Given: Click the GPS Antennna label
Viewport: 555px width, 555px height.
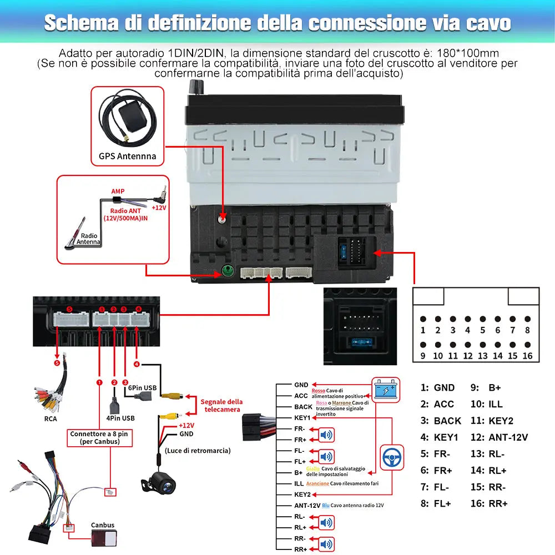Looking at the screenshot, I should pyautogui.click(x=128, y=156).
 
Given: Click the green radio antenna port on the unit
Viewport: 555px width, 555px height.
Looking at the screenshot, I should pyautogui.click(x=226, y=272).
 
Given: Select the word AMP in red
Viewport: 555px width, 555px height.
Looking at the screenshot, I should pyautogui.click(x=118, y=191).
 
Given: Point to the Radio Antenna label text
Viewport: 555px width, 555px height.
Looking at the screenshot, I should pyautogui.click(x=88, y=239).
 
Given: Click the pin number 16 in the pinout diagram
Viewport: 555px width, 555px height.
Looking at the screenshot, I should pyautogui.click(x=527, y=356).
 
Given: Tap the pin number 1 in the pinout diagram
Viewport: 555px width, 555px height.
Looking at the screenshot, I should pyautogui.click(x=423, y=330).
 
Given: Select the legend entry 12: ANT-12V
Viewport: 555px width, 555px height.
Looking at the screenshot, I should pyautogui.click(x=500, y=437).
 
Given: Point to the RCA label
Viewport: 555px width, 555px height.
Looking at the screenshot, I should pyautogui.click(x=51, y=418).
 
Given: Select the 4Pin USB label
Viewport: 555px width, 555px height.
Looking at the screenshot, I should pyautogui.click(x=120, y=418).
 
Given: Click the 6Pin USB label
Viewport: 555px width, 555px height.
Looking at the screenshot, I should pyautogui.click(x=142, y=389).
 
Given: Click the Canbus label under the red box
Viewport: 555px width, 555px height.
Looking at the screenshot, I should pyautogui.click(x=103, y=525).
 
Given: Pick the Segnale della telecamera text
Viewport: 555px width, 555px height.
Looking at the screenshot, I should pyautogui.click(x=221, y=405).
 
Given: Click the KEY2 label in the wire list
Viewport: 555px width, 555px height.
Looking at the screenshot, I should pyautogui.click(x=302, y=495).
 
